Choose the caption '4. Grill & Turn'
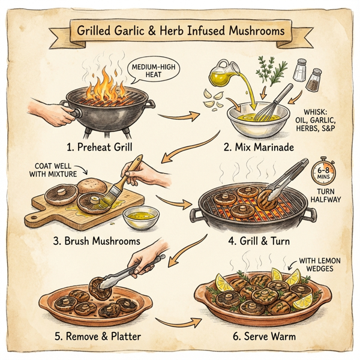pyautogui.click(x=259, y=241)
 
